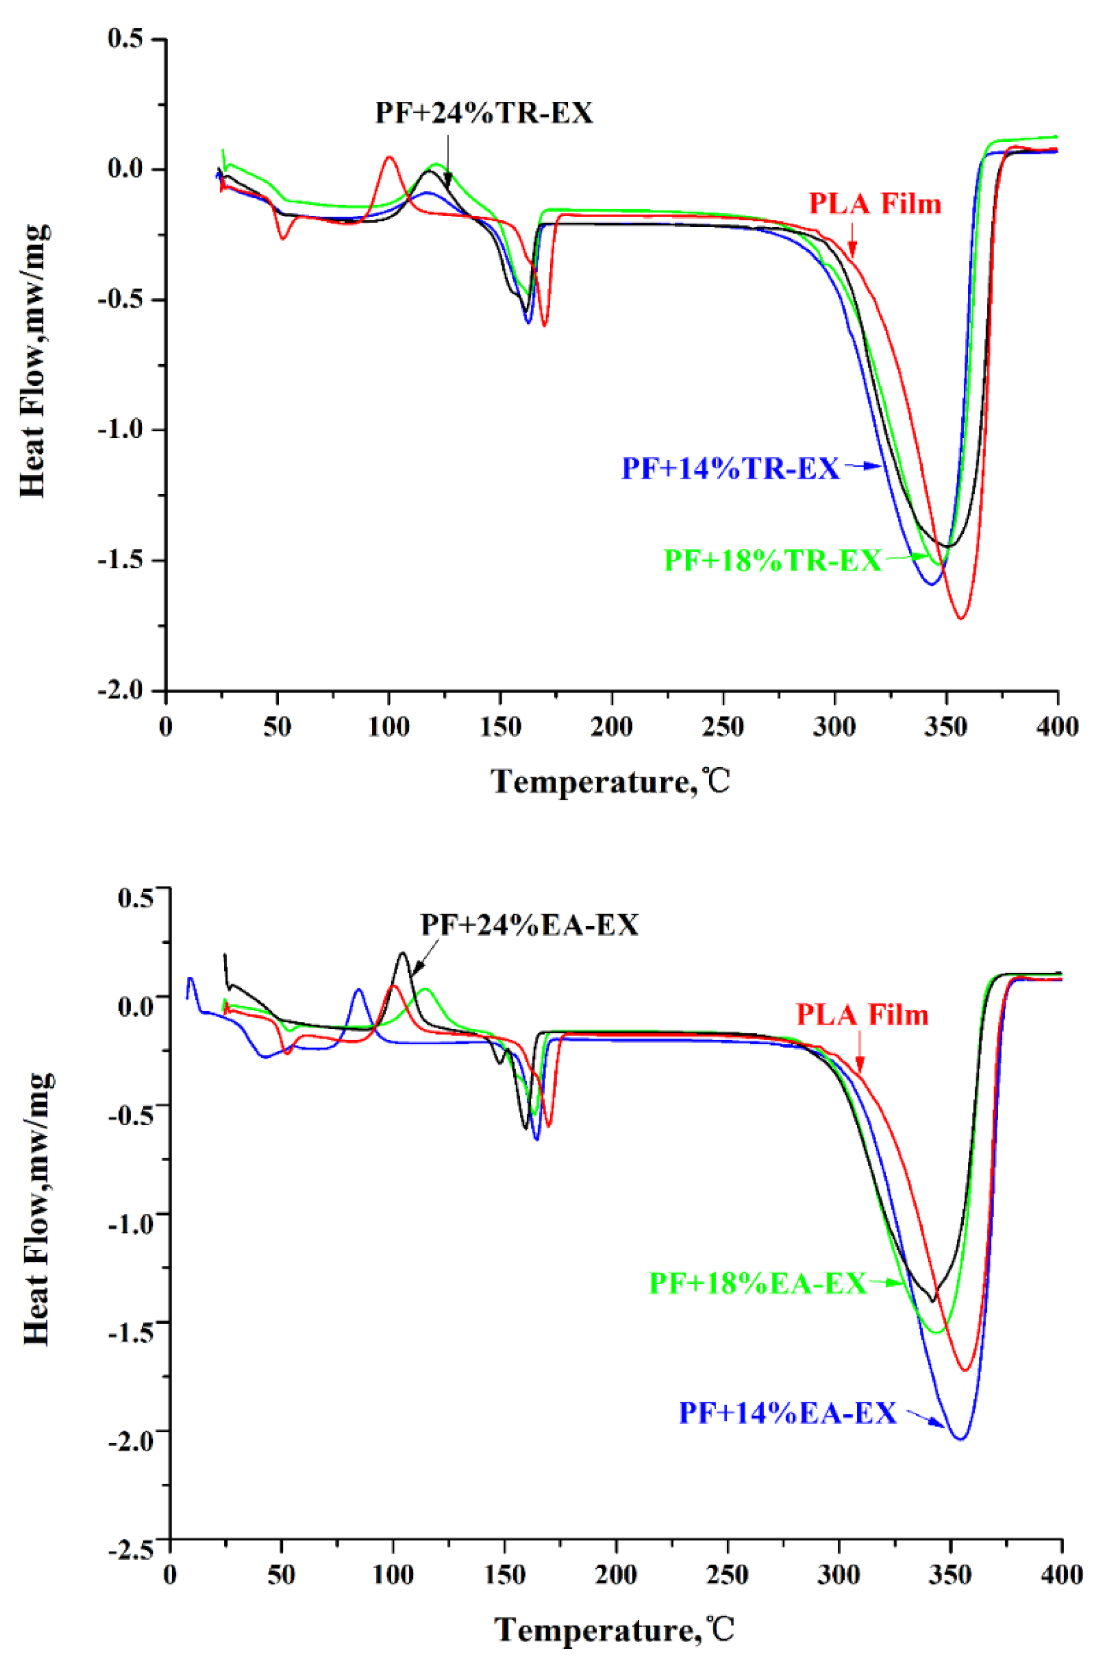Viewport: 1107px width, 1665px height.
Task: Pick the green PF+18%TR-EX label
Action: pyautogui.click(x=773, y=560)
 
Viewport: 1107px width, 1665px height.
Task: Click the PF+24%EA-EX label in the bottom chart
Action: pyautogui.click(x=529, y=925)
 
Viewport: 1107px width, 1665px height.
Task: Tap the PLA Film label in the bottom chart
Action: pyautogui.click(x=862, y=1015)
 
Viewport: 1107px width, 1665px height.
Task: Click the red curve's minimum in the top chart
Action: pyautogui.click(x=961, y=618)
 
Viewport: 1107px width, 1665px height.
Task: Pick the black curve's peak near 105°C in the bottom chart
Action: pyautogui.click(x=402, y=953)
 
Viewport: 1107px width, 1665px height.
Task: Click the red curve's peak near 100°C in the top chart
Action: pyautogui.click(x=389, y=157)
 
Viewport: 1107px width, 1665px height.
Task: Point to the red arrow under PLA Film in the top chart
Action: pyautogui.click(x=853, y=241)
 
